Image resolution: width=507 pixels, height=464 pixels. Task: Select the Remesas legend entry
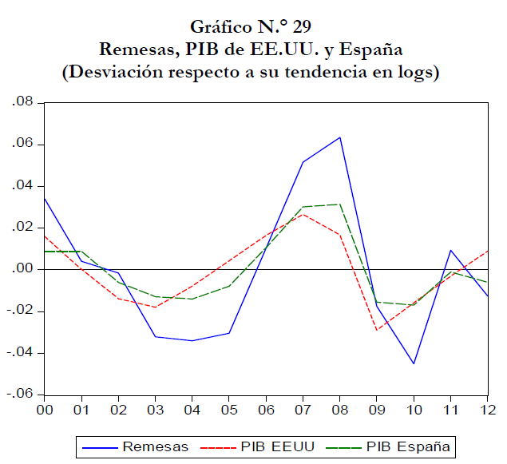(136, 446)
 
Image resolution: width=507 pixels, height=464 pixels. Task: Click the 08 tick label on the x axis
(340, 410)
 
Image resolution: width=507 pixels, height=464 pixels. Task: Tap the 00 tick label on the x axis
(45, 410)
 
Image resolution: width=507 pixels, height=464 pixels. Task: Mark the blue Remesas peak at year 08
(340, 137)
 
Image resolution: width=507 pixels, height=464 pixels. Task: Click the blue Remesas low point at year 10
(414, 363)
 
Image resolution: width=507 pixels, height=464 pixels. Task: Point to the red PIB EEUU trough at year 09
(377, 330)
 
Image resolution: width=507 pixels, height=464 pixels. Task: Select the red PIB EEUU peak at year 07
(303, 214)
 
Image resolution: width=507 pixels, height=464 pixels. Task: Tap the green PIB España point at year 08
(340, 204)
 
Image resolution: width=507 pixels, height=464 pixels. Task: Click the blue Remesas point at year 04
(192, 340)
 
